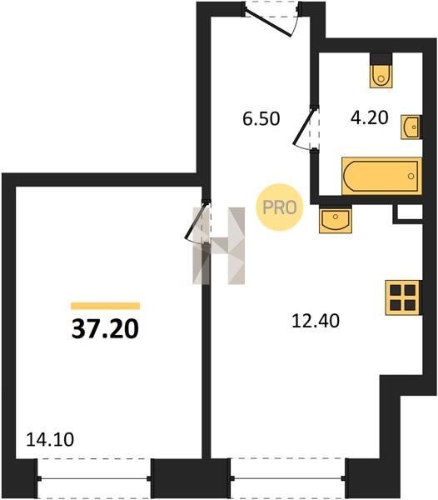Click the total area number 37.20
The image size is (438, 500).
coord(105,329)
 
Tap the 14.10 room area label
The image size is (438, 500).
coord(50,439)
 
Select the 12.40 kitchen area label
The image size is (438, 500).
coord(316,321)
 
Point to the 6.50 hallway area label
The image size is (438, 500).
coord(261,118)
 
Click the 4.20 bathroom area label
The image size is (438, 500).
coord(369,117)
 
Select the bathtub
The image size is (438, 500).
coord(381,176)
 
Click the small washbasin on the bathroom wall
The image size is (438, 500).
coord(411,127)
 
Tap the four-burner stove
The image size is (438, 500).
coord(403,297)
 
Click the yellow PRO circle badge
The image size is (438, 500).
coord(280,207)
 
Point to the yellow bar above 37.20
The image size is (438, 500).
coord(105,306)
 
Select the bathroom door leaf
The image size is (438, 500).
coord(303,127)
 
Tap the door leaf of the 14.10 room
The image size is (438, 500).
coord(195,221)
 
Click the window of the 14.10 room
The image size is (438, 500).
coord(94,478)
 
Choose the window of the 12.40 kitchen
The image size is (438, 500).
coord(287,478)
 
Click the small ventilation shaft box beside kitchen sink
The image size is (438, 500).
coord(410,213)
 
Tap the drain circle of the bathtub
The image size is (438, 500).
coord(411,176)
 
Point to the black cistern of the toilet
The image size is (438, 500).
coord(381,58)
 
